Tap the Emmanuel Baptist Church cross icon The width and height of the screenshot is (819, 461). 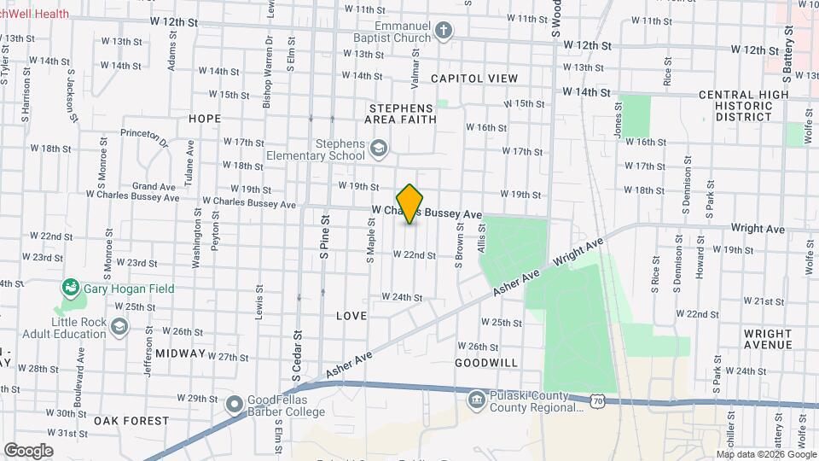(443, 32)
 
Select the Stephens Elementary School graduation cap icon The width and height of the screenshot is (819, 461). (378, 150)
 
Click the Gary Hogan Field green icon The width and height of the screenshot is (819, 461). (70, 289)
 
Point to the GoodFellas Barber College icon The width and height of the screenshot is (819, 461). (235, 404)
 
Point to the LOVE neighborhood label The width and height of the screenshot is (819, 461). (351, 316)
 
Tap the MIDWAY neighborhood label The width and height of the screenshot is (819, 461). (180, 353)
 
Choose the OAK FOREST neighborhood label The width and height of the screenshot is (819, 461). (131, 421)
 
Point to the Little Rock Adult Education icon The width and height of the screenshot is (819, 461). (119, 327)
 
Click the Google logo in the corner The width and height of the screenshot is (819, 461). (28, 450)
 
